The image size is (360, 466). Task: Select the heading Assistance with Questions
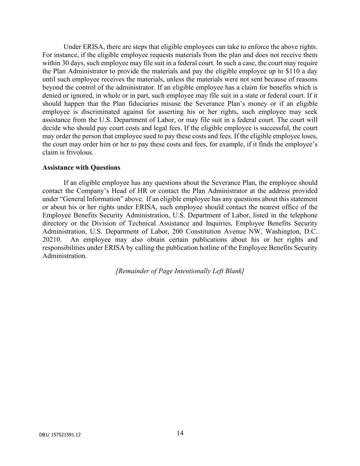point(81,168)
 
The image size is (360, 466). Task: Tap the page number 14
point(180,433)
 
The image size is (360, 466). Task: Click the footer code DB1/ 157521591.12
point(60,435)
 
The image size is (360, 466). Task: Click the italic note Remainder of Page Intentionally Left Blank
point(180,271)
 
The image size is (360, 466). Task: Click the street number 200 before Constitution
point(178,231)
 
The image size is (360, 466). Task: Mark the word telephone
point(303,215)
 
